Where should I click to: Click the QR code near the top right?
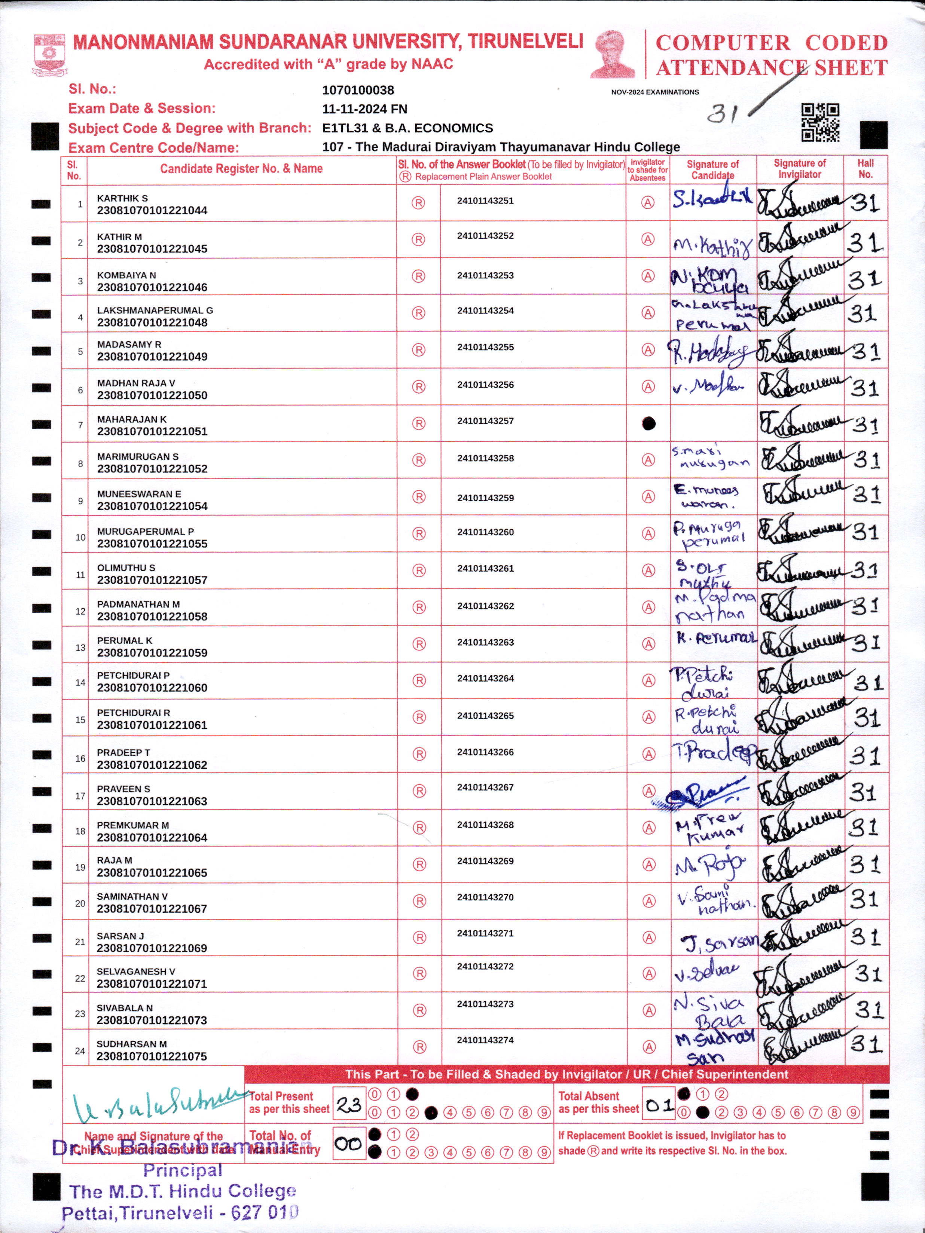click(820, 122)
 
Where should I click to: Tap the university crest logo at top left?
click(50, 54)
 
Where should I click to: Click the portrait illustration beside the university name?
click(613, 54)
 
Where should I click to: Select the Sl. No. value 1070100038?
click(358, 90)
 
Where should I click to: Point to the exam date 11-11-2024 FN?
click(364, 109)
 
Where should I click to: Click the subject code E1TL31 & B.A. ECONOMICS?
click(407, 128)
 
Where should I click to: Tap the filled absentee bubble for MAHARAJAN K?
click(648, 423)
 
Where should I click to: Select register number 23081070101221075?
click(152, 1056)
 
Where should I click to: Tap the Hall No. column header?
click(866, 168)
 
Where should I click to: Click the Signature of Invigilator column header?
click(800, 168)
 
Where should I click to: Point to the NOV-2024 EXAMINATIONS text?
click(654, 92)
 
